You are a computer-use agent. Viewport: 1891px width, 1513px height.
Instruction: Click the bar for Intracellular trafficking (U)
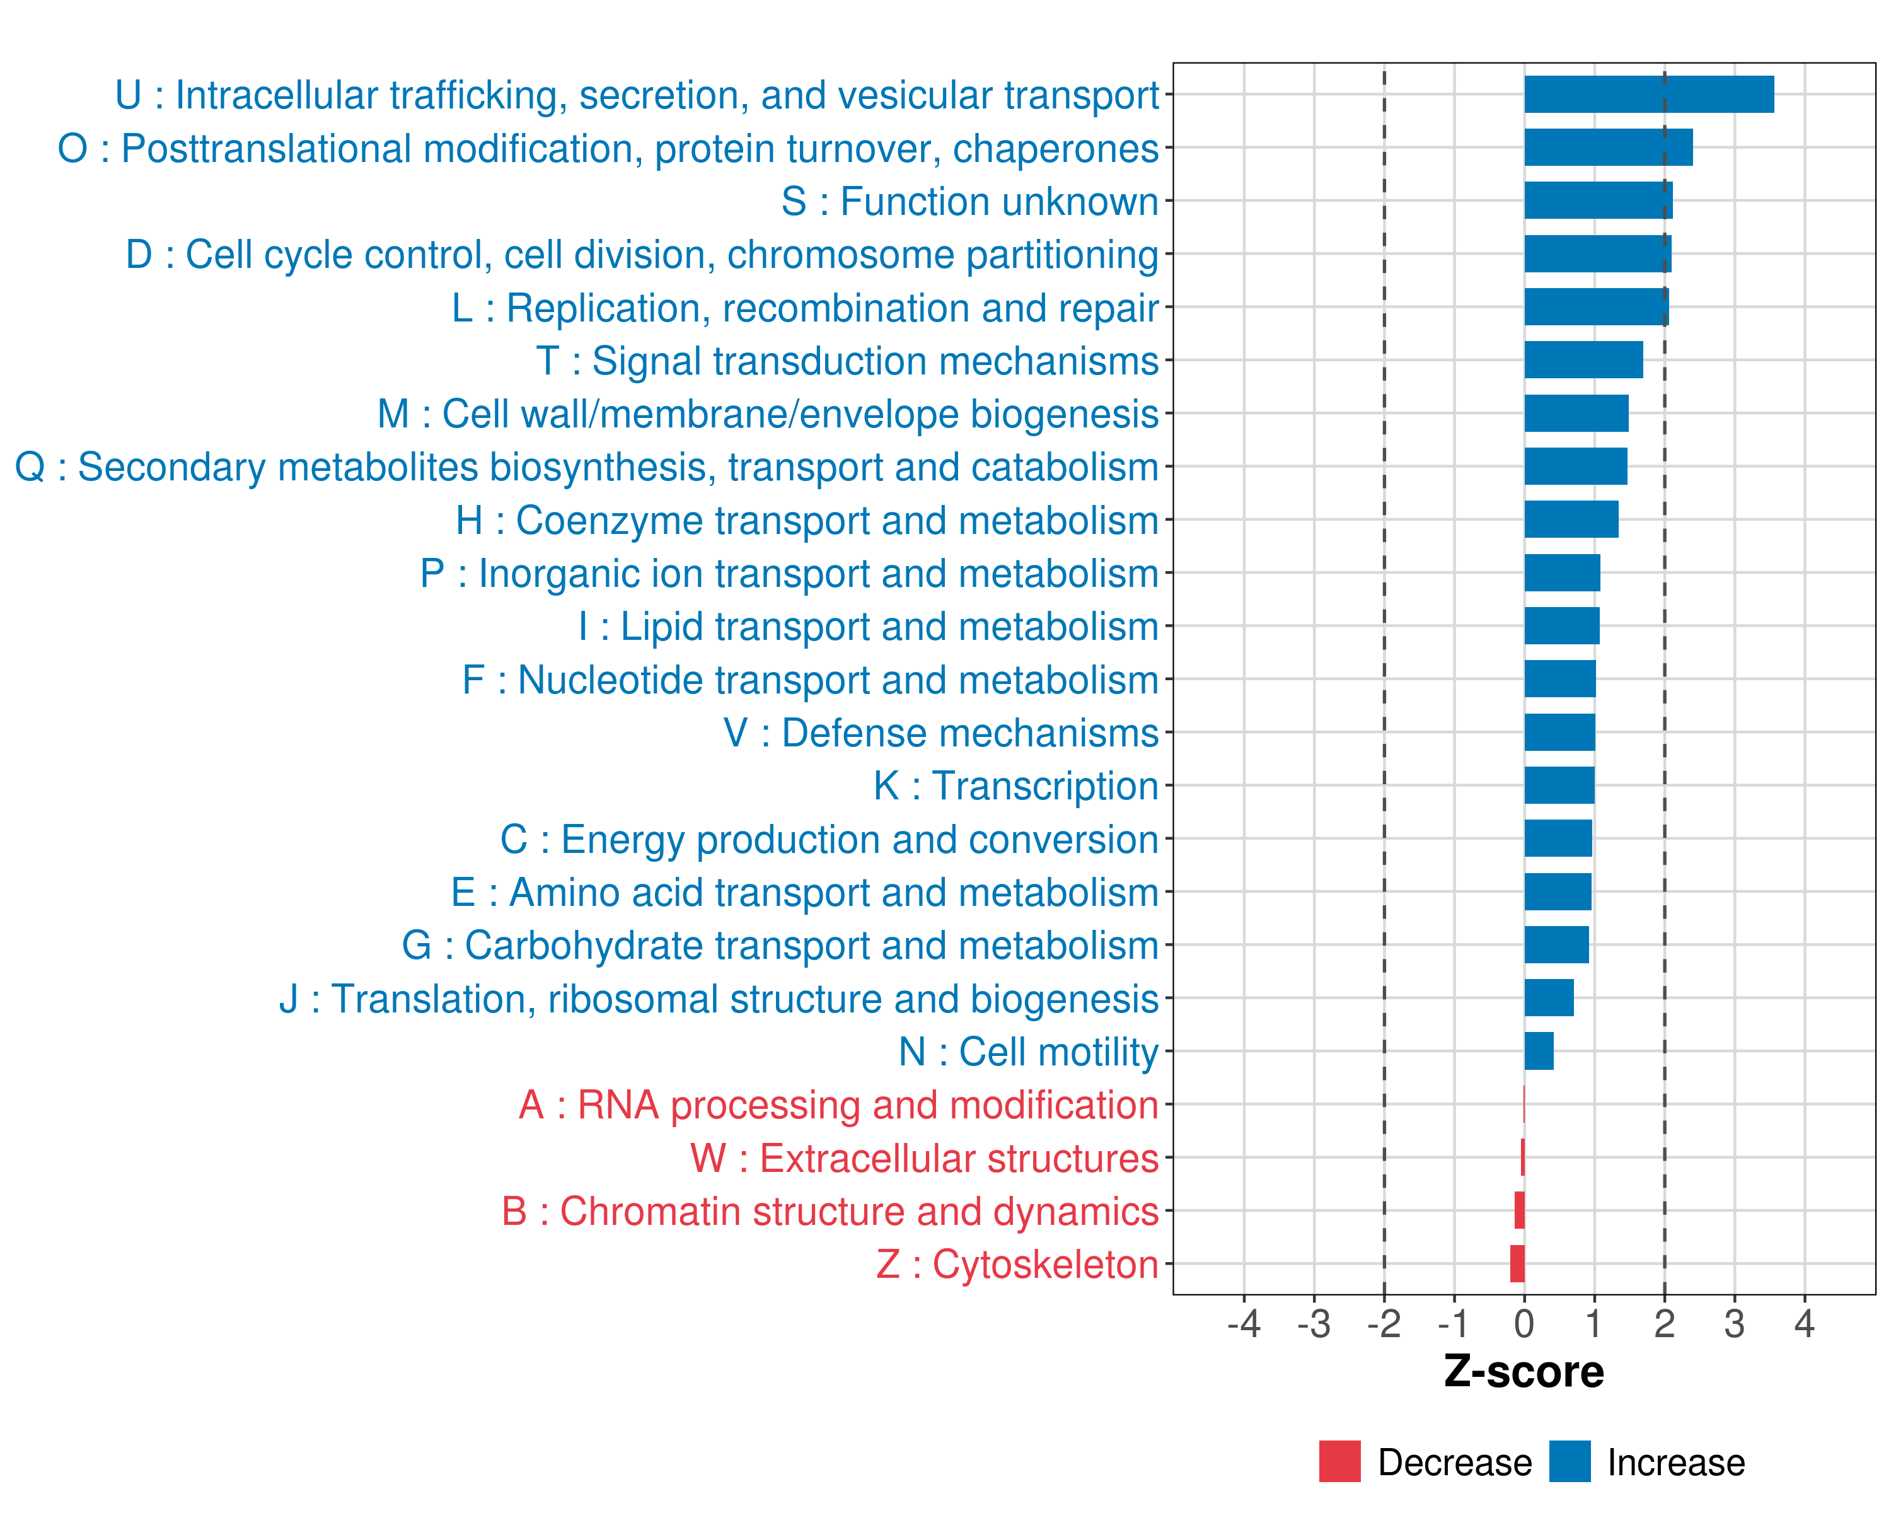(x=1649, y=95)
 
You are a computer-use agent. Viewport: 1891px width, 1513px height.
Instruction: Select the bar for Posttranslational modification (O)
(x=1608, y=148)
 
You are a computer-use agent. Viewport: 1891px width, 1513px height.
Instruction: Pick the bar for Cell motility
(x=1539, y=1051)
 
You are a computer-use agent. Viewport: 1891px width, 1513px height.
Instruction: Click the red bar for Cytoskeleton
(x=1517, y=1264)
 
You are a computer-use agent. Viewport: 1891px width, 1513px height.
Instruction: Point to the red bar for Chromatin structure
(x=1519, y=1210)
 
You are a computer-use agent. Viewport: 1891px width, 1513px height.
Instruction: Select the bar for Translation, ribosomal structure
(x=1549, y=998)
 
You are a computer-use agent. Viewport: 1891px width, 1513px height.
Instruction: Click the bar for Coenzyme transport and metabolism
(x=1571, y=519)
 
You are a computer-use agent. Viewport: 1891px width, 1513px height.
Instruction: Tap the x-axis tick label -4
(x=1244, y=1323)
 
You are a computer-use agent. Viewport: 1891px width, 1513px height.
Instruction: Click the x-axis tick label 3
(x=1734, y=1323)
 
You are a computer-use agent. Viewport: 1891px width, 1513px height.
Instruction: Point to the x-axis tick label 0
(x=1524, y=1323)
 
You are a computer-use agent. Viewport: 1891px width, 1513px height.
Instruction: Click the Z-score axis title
(x=1524, y=1372)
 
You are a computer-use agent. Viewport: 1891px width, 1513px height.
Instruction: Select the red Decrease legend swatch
(x=1339, y=1461)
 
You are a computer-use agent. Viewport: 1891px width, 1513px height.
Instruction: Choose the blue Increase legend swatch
(x=1569, y=1461)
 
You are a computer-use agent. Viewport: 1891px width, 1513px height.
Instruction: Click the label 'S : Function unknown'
(x=970, y=202)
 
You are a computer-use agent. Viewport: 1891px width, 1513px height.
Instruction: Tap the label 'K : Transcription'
(x=1015, y=786)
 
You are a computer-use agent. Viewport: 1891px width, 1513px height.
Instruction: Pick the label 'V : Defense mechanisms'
(x=941, y=733)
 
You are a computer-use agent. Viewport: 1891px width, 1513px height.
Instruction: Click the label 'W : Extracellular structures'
(x=925, y=1159)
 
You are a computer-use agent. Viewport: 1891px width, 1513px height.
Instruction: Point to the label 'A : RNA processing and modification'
(x=838, y=1105)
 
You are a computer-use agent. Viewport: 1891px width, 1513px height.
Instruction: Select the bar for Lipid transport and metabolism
(x=1561, y=625)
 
